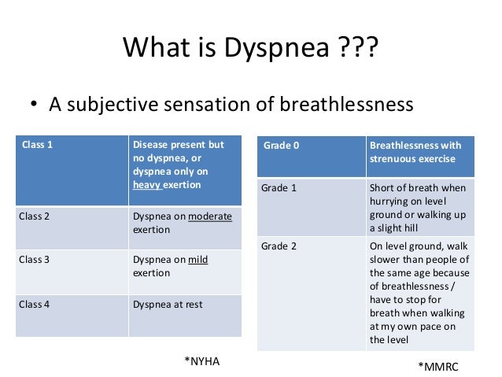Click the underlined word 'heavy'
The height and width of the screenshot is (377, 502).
[147, 186]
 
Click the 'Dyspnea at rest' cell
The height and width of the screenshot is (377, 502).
[167, 303]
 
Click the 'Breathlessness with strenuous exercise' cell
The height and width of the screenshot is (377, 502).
[415, 153]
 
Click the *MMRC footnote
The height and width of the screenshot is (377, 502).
[437, 367]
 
